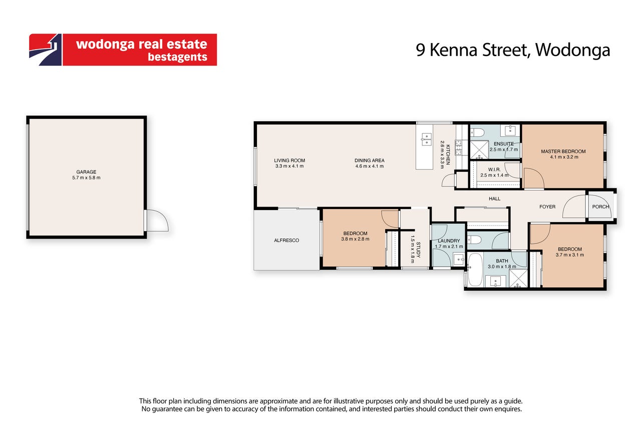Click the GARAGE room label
tap(86, 172)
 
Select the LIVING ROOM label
tap(289, 160)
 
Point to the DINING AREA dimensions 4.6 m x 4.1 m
tap(370, 166)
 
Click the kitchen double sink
tap(426, 139)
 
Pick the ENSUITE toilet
tap(478, 132)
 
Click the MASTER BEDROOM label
tap(563, 151)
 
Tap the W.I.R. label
tap(494, 169)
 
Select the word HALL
tap(495, 198)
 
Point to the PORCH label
tap(600, 206)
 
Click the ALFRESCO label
tap(286, 240)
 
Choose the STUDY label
tap(418, 250)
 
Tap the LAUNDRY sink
tap(459, 259)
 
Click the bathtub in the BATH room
tap(475, 270)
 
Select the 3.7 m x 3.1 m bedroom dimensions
tap(570, 255)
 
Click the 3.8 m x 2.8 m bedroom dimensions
tap(355, 239)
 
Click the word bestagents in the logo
tap(177, 57)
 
